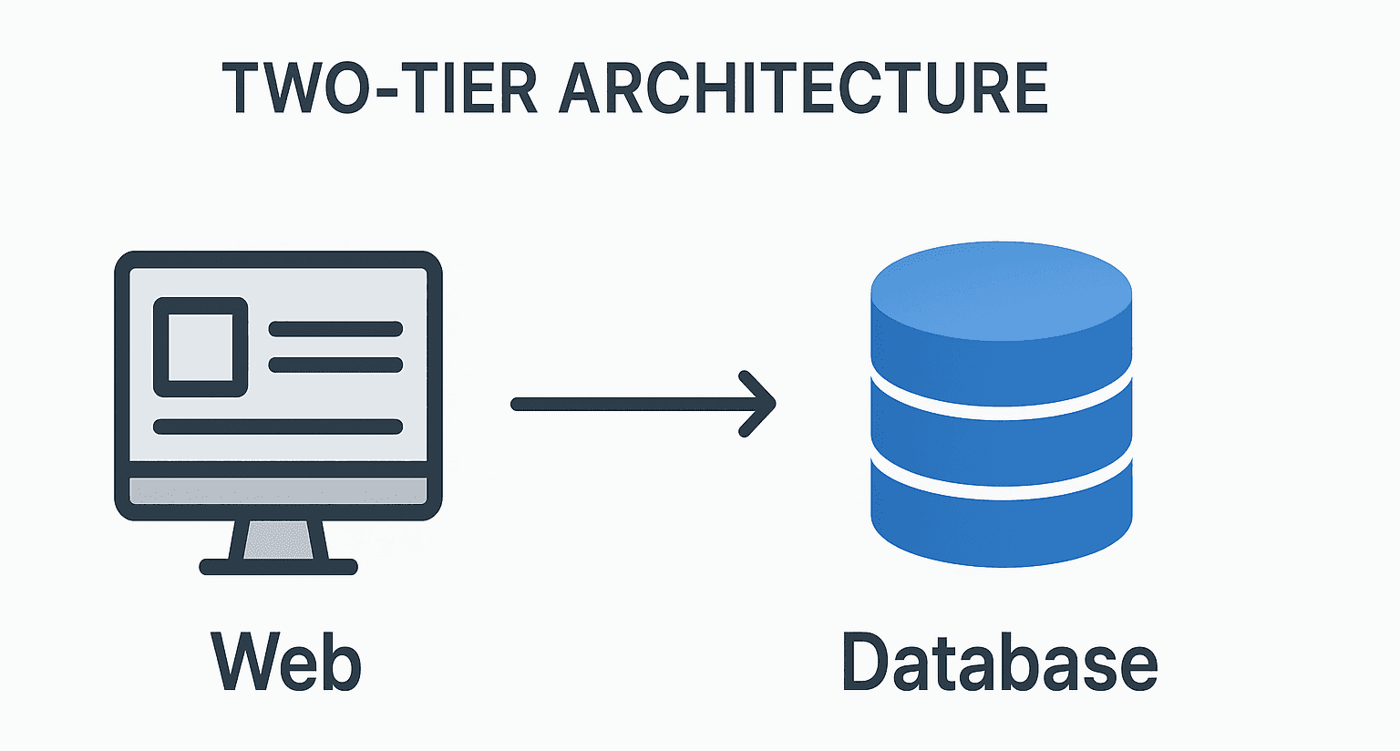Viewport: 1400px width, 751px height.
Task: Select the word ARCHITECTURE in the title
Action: [x=803, y=88]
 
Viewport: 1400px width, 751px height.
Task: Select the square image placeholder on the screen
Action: [x=201, y=347]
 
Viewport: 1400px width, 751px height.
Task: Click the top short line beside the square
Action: [x=335, y=329]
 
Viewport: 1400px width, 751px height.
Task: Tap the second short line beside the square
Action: [x=335, y=365]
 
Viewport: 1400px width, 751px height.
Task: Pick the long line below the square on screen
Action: [x=278, y=427]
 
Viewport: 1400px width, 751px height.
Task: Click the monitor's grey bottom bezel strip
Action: [x=278, y=490]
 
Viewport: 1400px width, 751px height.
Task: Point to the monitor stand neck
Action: [x=279, y=540]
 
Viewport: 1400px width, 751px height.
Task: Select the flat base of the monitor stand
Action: [x=279, y=567]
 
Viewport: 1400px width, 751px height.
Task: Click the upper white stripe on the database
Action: [x=1001, y=412]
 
